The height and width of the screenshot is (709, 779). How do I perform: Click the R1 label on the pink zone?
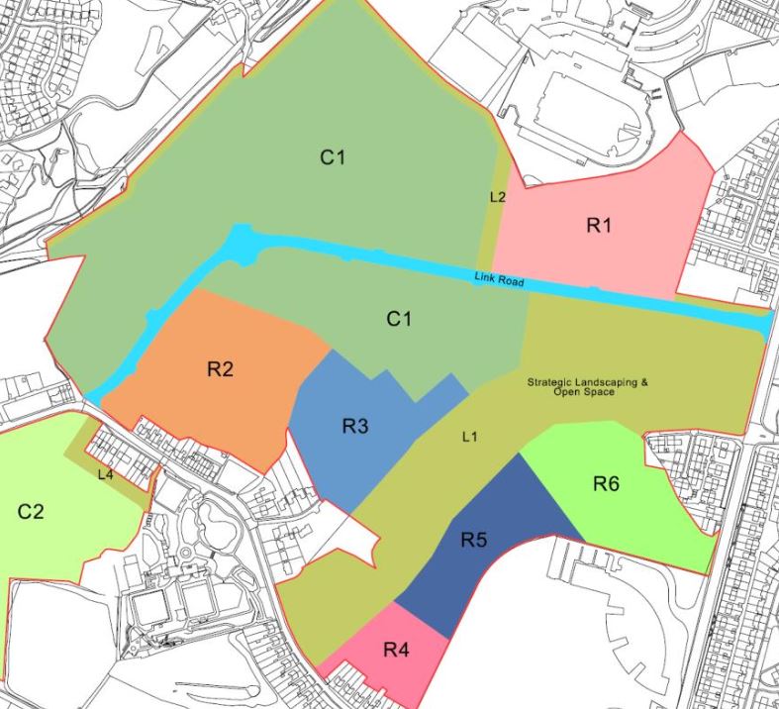598,226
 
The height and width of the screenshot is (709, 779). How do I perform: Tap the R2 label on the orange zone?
220,369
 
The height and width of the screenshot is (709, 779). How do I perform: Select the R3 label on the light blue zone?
355,427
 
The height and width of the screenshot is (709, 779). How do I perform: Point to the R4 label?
396,651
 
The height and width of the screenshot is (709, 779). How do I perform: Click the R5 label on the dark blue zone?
475,541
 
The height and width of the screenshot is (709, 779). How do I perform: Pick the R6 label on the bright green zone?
607,483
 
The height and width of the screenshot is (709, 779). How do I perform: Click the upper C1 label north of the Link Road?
333,156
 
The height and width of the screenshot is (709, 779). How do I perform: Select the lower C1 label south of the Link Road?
398,318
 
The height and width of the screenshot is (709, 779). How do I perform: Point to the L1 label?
469,437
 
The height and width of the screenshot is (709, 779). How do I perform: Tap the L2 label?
497,196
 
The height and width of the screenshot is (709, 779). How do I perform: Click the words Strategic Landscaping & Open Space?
586,386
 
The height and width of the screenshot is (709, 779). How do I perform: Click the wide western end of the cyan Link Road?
242,244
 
